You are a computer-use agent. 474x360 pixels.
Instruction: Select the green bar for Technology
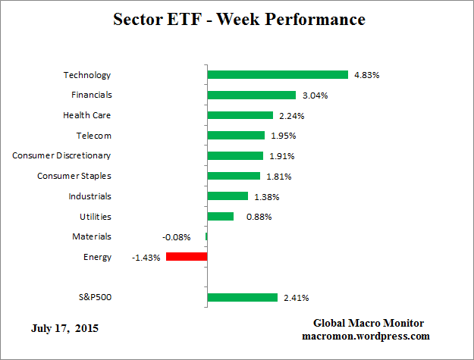(x=277, y=75)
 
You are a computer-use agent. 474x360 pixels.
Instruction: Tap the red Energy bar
(x=186, y=257)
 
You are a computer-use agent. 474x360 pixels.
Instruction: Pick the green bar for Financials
(x=251, y=95)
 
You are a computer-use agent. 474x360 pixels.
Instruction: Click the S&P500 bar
(x=242, y=297)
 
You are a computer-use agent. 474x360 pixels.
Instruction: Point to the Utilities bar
(x=220, y=216)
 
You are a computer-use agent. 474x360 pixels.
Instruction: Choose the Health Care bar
(x=240, y=115)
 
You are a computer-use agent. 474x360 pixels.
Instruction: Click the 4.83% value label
(x=366, y=75)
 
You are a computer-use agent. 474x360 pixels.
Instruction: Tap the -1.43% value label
(x=146, y=257)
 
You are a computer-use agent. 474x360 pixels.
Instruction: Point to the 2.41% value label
(x=296, y=297)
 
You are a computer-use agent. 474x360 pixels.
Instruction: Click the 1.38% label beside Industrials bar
(x=266, y=196)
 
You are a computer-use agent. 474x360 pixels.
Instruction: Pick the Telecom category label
(x=93, y=136)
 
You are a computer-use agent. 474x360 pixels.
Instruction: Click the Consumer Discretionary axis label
(x=61, y=155)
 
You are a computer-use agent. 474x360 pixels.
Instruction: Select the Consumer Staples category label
(x=74, y=176)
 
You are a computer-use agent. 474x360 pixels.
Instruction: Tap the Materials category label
(x=92, y=236)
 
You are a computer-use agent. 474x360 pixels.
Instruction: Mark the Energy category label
(x=97, y=257)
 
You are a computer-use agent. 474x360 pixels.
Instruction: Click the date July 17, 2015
(x=64, y=329)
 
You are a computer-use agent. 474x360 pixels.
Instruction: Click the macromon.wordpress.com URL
(x=366, y=336)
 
